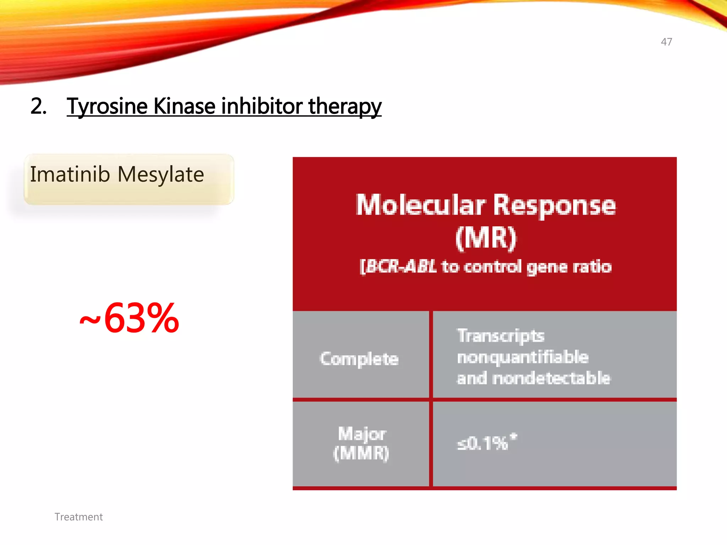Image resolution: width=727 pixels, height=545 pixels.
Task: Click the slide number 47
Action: (666, 42)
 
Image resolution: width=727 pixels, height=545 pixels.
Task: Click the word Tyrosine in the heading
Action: (107, 106)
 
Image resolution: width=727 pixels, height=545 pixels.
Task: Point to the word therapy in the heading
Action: (345, 107)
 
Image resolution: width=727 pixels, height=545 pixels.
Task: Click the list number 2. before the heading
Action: (38, 106)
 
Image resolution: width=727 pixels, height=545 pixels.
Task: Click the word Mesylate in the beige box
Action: (160, 175)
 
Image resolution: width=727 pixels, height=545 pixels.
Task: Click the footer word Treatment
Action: (78, 517)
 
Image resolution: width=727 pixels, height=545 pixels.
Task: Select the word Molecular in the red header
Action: (421, 205)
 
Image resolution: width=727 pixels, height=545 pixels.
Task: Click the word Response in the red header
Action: (554, 206)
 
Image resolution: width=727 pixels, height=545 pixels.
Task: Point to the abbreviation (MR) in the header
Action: (486, 238)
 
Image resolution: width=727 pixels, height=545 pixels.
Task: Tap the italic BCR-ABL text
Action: (398, 266)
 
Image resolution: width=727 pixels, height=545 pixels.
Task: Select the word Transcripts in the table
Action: (501, 336)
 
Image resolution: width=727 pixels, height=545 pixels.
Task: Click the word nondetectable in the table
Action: (552, 378)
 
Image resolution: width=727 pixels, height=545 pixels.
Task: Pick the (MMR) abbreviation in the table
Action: (361, 453)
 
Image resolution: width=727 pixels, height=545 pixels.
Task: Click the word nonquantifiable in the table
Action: (523, 357)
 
